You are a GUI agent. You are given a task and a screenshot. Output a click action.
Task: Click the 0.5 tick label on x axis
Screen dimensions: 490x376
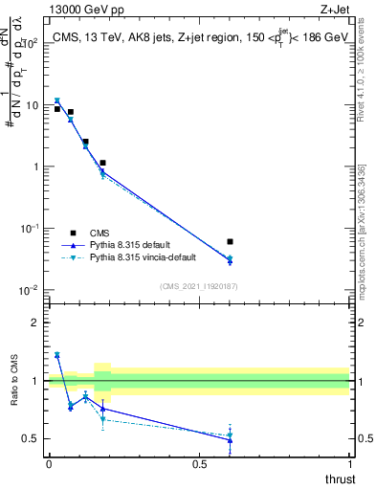click(199, 464)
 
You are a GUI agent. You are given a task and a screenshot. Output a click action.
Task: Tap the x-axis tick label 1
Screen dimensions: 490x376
click(349, 464)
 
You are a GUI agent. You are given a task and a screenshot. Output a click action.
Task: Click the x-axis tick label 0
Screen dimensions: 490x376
click(49, 464)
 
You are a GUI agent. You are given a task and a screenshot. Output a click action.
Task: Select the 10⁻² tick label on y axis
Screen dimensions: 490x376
click(31, 290)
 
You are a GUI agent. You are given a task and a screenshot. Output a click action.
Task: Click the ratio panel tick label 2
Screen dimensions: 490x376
click(36, 323)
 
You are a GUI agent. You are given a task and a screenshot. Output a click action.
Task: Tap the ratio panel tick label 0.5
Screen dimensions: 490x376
click(33, 439)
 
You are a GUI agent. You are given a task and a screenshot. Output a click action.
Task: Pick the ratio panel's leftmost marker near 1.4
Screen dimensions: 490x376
click(57, 355)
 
